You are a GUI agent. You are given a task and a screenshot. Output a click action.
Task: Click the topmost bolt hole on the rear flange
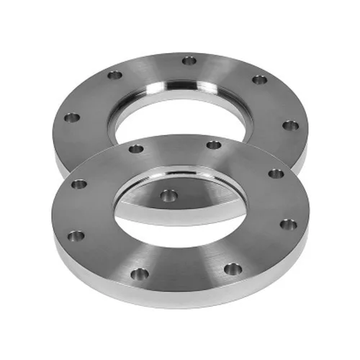click(189, 60)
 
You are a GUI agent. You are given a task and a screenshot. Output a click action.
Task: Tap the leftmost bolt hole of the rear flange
click(71, 117)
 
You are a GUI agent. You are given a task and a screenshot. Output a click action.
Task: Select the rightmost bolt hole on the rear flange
click(290, 125)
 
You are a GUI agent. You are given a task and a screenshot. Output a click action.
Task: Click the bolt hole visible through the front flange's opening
click(168, 194)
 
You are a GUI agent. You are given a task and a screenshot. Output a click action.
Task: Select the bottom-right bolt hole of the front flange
click(232, 269)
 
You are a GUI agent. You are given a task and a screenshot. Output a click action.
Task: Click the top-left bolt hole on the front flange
click(135, 149)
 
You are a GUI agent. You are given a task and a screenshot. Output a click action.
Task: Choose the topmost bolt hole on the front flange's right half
click(214, 145)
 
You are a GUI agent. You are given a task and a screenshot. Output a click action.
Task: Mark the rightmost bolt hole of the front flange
click(288, 224)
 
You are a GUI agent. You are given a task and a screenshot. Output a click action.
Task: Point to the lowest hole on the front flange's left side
click(76, 235)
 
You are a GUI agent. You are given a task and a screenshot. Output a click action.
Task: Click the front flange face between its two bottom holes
click(185, 277)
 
